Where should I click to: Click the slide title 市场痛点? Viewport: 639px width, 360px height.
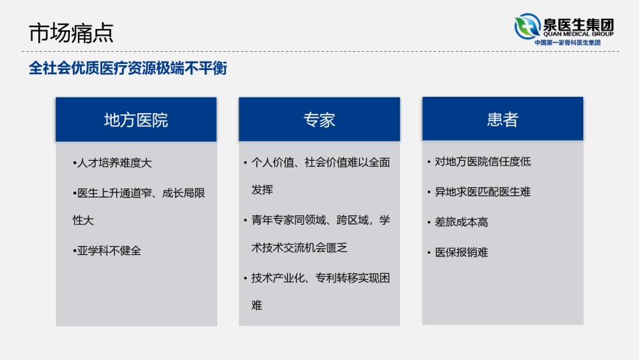pos(71,33)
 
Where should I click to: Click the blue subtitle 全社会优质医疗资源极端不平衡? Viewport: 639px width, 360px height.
pos(128,68)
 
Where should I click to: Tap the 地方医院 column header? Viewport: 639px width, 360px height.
pos(136,120)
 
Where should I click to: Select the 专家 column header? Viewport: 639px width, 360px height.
pos(319,120)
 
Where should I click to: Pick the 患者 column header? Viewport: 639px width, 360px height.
pos(502,119)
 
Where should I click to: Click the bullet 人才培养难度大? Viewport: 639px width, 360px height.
pos(112,163)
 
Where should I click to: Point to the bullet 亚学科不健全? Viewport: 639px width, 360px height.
pos(107,251)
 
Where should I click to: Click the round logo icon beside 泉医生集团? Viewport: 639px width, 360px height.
pos(527,26)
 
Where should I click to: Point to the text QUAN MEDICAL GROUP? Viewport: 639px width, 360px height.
pos(578,34)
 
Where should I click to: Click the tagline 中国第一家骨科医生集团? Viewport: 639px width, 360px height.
pos(568,42)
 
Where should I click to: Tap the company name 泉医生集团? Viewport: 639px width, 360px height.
pos(578,24)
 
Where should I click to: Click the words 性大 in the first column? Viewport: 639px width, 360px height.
pos(83,221)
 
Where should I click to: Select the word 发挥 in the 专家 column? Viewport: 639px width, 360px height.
pos(262,190)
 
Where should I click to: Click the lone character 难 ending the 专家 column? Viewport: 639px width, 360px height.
pos(257,305)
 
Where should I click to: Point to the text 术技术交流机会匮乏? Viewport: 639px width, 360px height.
pos(299,248)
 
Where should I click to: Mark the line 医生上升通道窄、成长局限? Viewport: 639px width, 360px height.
pos(139,193)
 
